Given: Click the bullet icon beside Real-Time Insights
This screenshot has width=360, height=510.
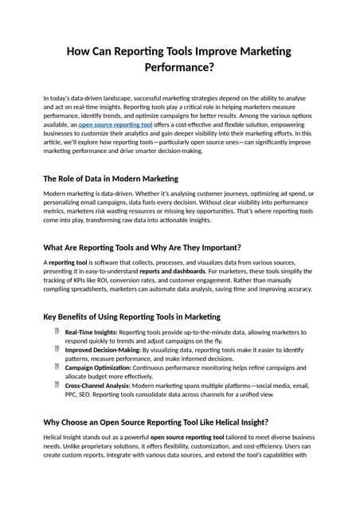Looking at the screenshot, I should pos(57,331).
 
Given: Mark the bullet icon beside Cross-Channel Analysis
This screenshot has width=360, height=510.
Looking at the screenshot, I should pos(57,384).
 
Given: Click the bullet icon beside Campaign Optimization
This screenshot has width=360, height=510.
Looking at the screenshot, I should pos(57,367).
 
